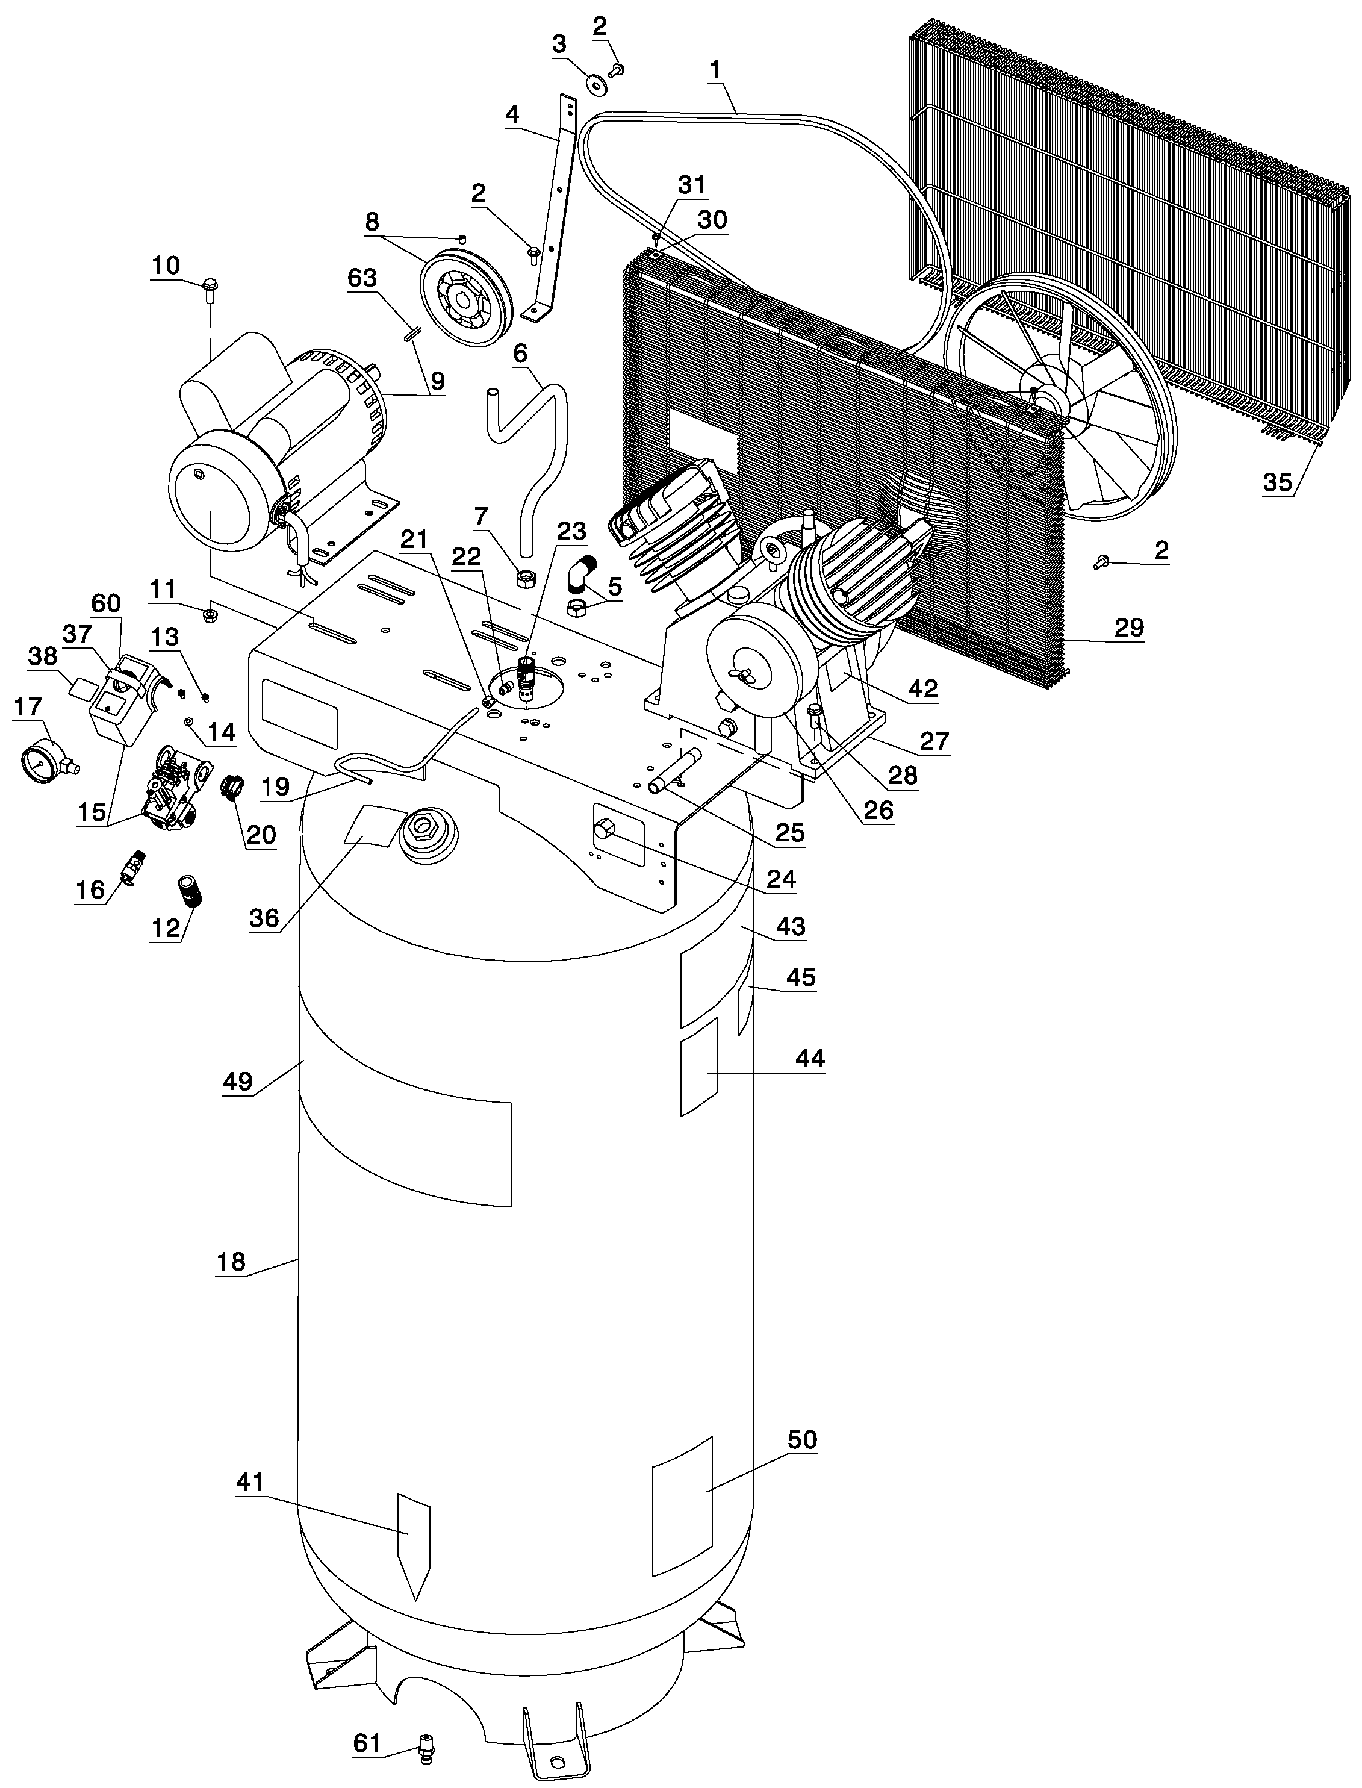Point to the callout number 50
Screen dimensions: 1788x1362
click(803, 1439)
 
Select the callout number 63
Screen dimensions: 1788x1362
click(362, 278)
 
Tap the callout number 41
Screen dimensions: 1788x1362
click(250, 1481)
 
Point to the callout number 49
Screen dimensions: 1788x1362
click(238, 1081)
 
